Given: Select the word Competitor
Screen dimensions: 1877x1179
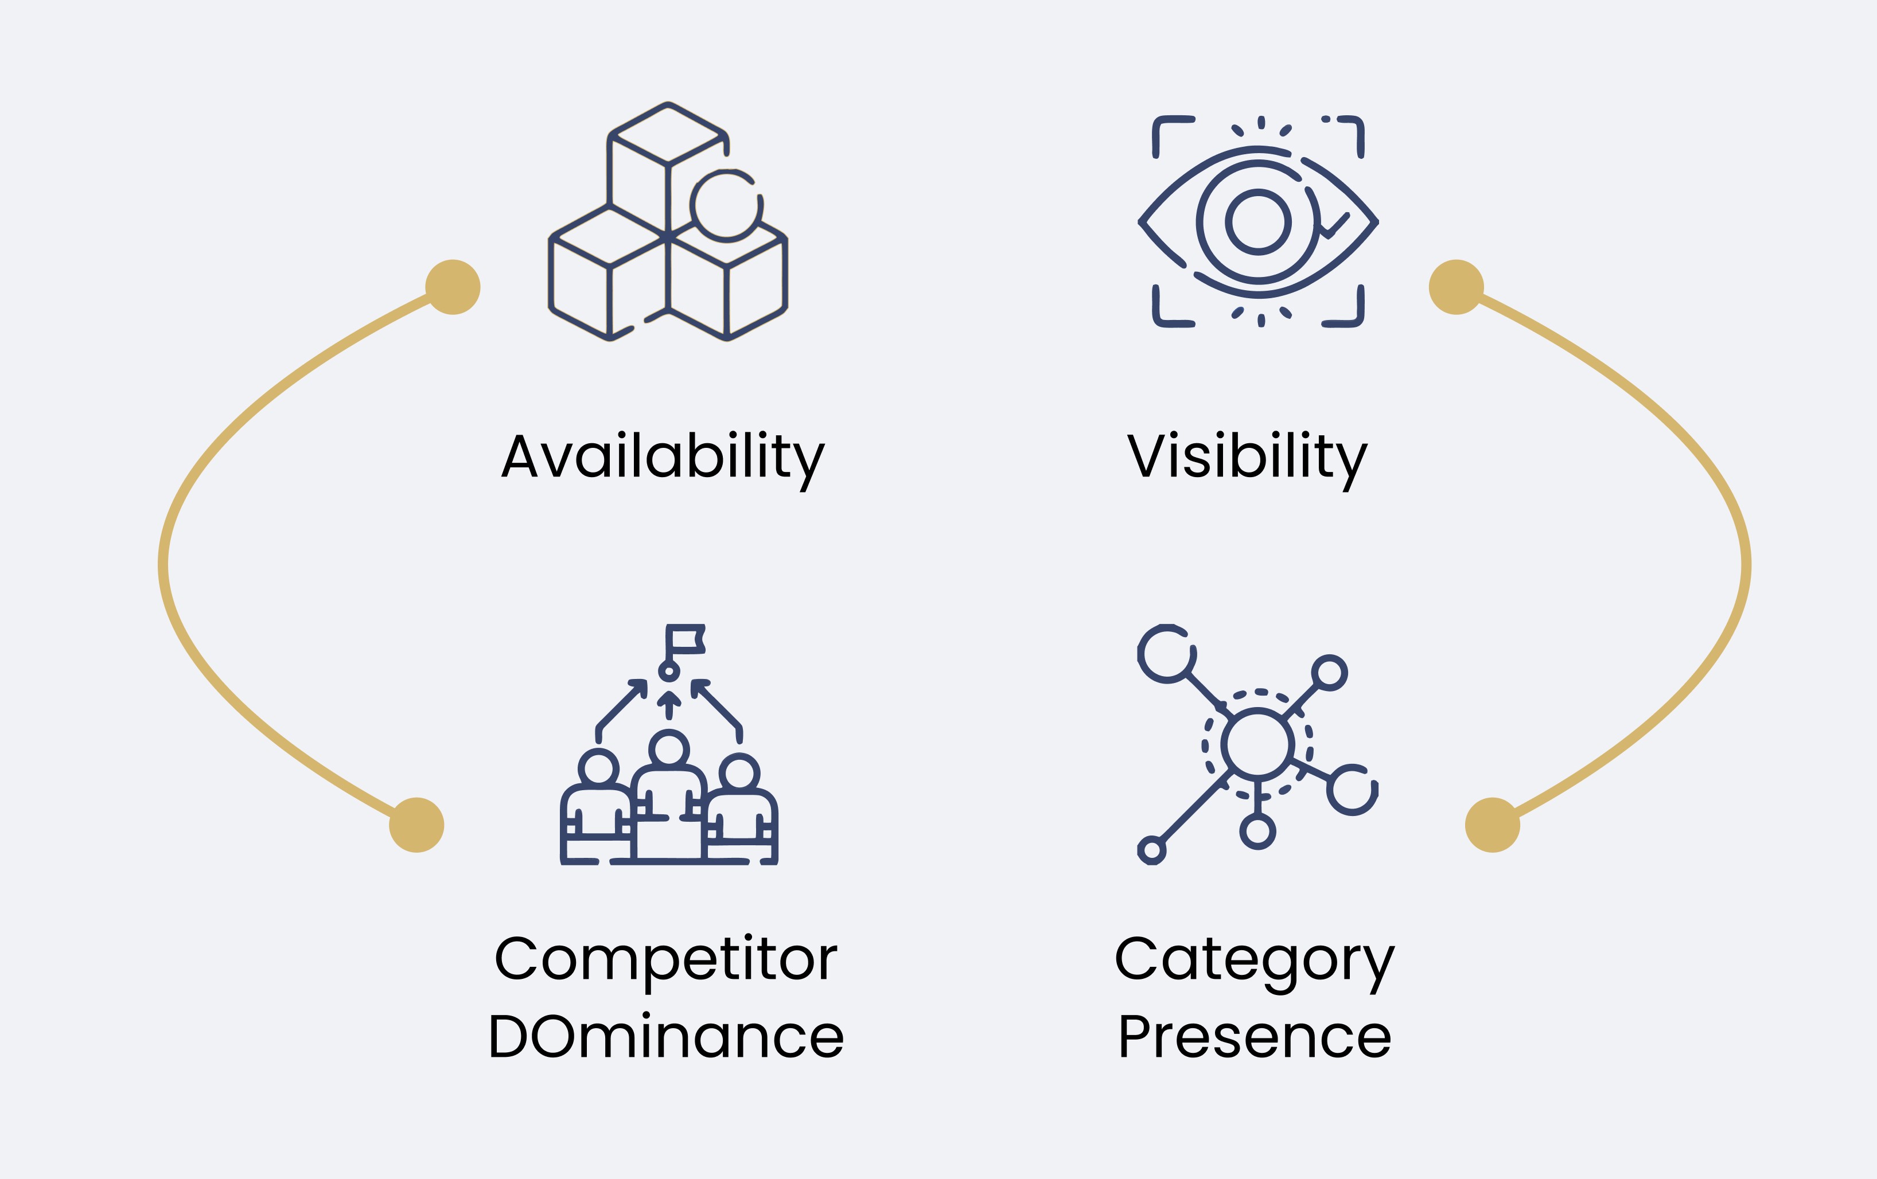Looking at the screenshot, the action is pyautogui.click(x=665, y=959).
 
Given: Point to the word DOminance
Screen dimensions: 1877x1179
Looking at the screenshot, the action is pyautogui.click(x=665, y=1037).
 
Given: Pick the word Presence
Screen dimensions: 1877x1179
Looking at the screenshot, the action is pyautogui.click(x=1254, y=1037).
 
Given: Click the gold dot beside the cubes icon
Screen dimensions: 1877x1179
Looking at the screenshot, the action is pyautogui.click(x=453, y=287).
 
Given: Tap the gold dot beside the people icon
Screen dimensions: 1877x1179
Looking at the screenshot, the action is pyautogui.click(x=416, y=825).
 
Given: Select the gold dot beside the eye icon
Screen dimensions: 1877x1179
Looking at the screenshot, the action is pyautogui.click(x=1456, y=287).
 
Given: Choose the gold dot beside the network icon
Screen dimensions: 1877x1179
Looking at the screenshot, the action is pyautogui.click(x=1493, y=825).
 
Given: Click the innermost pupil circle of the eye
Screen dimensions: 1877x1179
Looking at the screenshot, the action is pyautogui.click(x=1258, y=222).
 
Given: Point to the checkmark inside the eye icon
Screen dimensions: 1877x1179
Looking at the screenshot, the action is pyautogui.click(x=1334, y=225).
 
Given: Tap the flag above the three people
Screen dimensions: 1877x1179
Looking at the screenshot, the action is pyautogui.click(x=686, y=639).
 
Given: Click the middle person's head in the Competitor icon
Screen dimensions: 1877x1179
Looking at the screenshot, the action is pyautogui.click(x=669, y=749).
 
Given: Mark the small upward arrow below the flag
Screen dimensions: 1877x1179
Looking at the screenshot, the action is pyautogui.click(x=669, y=703).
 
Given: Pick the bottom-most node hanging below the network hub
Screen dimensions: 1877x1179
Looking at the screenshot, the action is pyautogui.click(x=1257, y=831).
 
